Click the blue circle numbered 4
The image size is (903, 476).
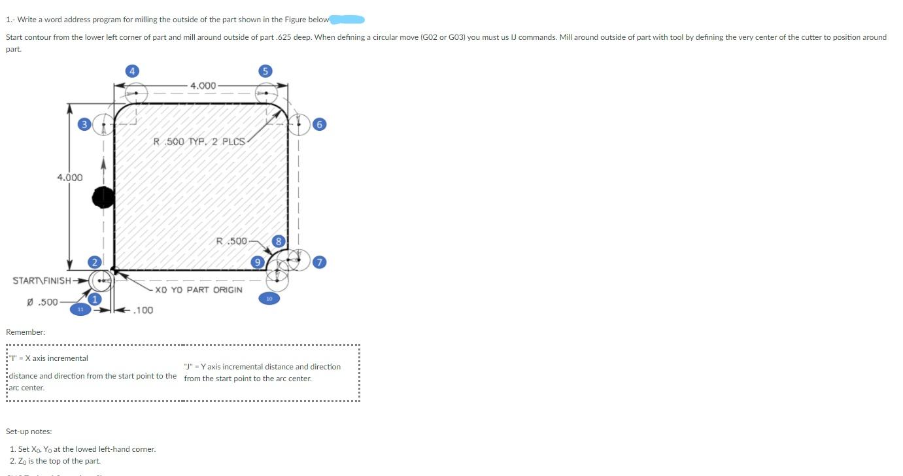132,71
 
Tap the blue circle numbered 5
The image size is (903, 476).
265,71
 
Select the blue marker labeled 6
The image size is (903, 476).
318,124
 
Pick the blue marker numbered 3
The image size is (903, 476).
84,124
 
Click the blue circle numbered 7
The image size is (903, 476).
318,262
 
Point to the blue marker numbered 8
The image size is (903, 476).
279,241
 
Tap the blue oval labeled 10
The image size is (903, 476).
269,298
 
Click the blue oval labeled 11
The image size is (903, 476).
80,309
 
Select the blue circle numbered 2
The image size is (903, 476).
94,262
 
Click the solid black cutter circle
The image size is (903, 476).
103,197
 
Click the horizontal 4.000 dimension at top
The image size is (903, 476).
203,86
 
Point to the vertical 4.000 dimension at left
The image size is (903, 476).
69,177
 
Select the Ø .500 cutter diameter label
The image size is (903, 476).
42,302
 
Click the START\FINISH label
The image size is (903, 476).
42,280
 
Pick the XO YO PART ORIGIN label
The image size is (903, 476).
199,290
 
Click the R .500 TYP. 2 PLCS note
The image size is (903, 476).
199,141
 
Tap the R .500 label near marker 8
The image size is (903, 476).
231,241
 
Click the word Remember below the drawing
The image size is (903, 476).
26,332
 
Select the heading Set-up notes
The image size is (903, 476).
29,432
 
